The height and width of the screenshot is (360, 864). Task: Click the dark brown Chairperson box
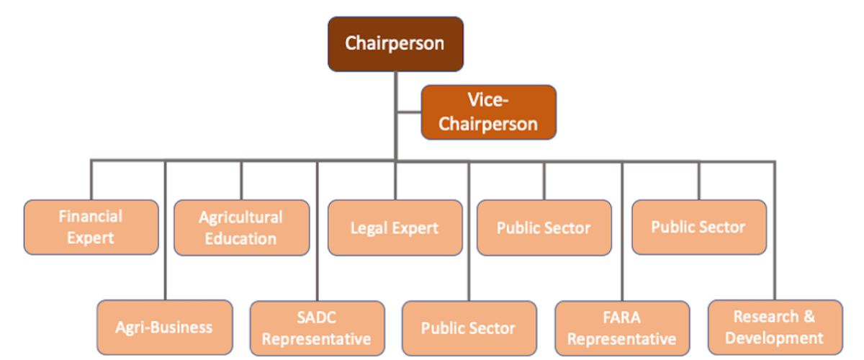[x=395, y=44]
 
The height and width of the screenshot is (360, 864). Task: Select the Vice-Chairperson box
[x=488, y=112]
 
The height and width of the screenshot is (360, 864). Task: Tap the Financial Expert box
[x=91, y=227]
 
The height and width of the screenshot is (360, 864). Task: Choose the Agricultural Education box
[x=241, y=227]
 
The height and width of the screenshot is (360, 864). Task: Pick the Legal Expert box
[x=395, y=228]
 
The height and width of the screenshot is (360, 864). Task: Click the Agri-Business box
[x=164, y=328]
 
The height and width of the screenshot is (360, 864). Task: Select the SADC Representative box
[x=317, y=328]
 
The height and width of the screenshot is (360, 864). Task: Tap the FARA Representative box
[x=622, y=328]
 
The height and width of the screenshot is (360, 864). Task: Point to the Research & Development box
[x=775, y=328]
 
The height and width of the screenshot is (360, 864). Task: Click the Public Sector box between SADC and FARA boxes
[x=469, y=328]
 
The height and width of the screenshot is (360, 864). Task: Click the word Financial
[x=91, y=216]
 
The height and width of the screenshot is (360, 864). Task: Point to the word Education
[x=240, y=238]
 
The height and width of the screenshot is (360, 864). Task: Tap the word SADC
[x=317, y=318]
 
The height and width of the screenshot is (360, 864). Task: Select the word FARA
[x=622, y=318]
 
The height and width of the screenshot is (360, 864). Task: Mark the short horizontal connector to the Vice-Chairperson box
[x=408, y=112]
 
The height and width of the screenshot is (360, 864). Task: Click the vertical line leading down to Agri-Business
[x=166, y=230]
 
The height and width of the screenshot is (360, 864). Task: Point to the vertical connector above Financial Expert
[x=91, y=180]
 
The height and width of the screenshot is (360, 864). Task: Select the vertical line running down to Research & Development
[x=775, y=230]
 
